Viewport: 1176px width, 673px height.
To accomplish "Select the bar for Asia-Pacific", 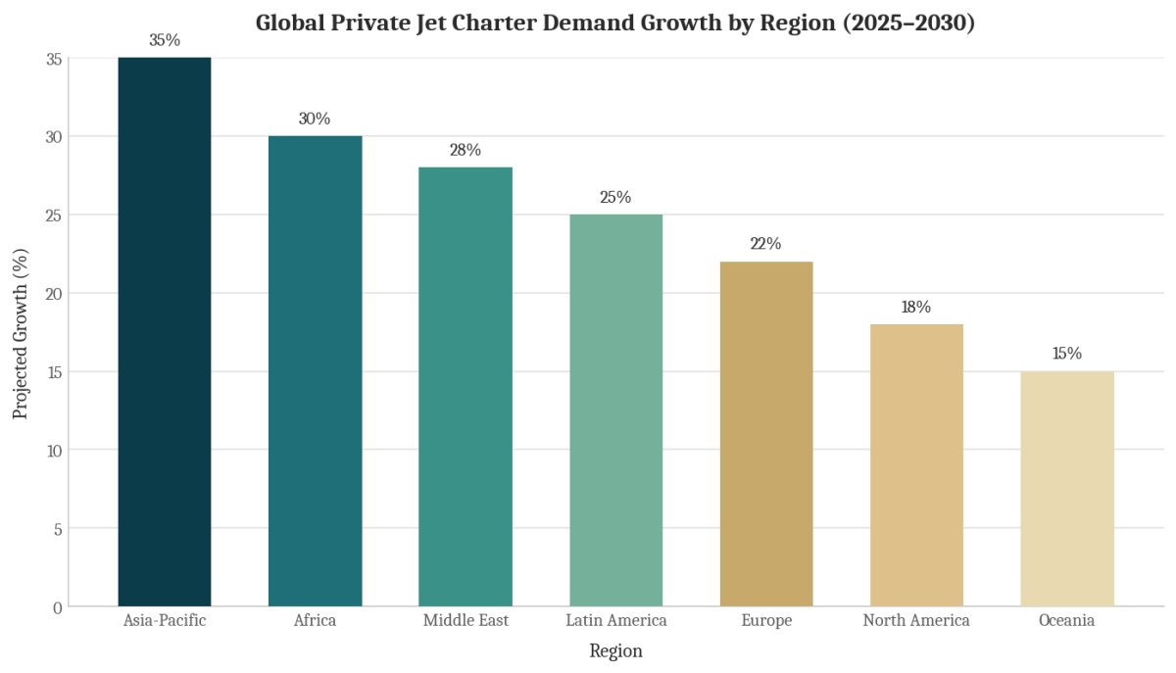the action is tap(165, 332).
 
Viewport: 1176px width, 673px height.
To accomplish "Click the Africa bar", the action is tap(315, 371).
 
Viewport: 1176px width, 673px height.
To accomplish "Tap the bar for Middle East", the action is tap(465, 387).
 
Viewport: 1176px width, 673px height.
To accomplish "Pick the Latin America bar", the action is tap(615, 410).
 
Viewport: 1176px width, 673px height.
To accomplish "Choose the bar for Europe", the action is tap(766, 434).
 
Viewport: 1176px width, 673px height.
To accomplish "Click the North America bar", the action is tap(916, 465).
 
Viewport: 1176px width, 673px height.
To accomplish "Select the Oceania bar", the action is tap(1067, 489).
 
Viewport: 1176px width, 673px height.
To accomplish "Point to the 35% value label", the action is tap(165, 40).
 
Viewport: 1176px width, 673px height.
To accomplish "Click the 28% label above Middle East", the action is tap(465, 150).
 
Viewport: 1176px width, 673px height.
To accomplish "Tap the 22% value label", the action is tap(766, 244).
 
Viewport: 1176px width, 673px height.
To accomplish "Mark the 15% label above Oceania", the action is tap(1067, 354).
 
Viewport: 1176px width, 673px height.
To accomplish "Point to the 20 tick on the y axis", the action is tap(54, 294).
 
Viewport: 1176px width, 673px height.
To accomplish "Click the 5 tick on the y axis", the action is tap(58, 529).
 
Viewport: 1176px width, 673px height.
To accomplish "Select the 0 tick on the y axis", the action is tap(58, 608).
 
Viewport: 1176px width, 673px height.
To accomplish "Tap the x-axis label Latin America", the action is tap(615, 620).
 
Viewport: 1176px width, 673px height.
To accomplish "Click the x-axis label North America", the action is tap(916, 620).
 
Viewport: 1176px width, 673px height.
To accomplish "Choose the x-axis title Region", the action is tap(615, 650).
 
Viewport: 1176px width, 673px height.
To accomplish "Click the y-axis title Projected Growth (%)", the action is tap(20, 334).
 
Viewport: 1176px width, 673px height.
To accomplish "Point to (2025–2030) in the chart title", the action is tap(908, 24).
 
